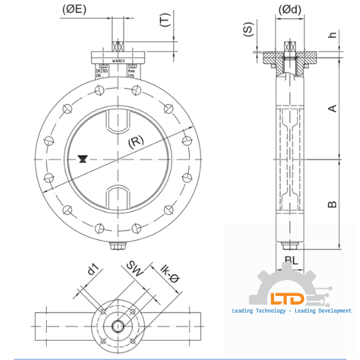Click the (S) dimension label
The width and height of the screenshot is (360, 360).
point(248,31)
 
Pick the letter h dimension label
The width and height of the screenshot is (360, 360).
point(331,35)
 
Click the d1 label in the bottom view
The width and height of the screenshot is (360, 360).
point(93,271)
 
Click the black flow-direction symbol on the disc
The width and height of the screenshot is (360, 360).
point(81,159)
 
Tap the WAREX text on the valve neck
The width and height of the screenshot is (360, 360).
point(119,59)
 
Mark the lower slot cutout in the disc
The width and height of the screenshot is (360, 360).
point(119,196)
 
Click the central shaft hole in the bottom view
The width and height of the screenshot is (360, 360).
point(118,325)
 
